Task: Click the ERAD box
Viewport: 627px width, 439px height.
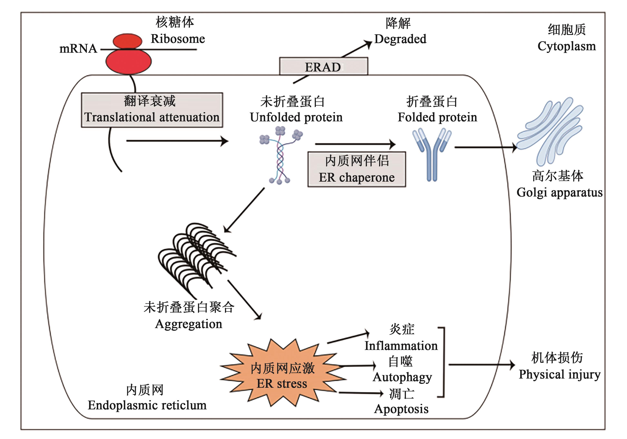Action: click(323, 66)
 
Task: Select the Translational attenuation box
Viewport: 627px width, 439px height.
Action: click(152, 110)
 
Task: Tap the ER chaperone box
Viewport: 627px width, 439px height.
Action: click(357, 169)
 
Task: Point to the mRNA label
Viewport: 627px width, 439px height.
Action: click(78, 49)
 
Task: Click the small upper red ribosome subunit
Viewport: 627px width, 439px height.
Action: click(127, 41)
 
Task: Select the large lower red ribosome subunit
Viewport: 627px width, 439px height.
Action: click(128, 62)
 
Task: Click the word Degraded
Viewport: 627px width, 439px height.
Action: click(400, 39)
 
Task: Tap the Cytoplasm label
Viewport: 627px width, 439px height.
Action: click(566, 46)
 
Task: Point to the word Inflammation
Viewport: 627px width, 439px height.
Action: click(401, 346)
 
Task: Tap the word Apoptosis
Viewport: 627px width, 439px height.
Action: click(401, 409)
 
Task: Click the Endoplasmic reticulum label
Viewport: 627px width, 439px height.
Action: click(147, 405)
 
